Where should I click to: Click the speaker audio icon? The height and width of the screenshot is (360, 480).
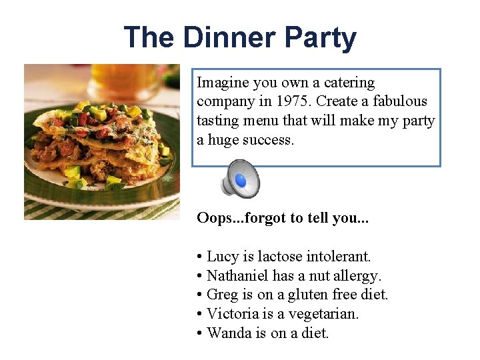tap(240, 178)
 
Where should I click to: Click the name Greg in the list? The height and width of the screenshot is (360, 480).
tap(222, 295)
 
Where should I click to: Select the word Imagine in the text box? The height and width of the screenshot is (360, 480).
tap(222, 83)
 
